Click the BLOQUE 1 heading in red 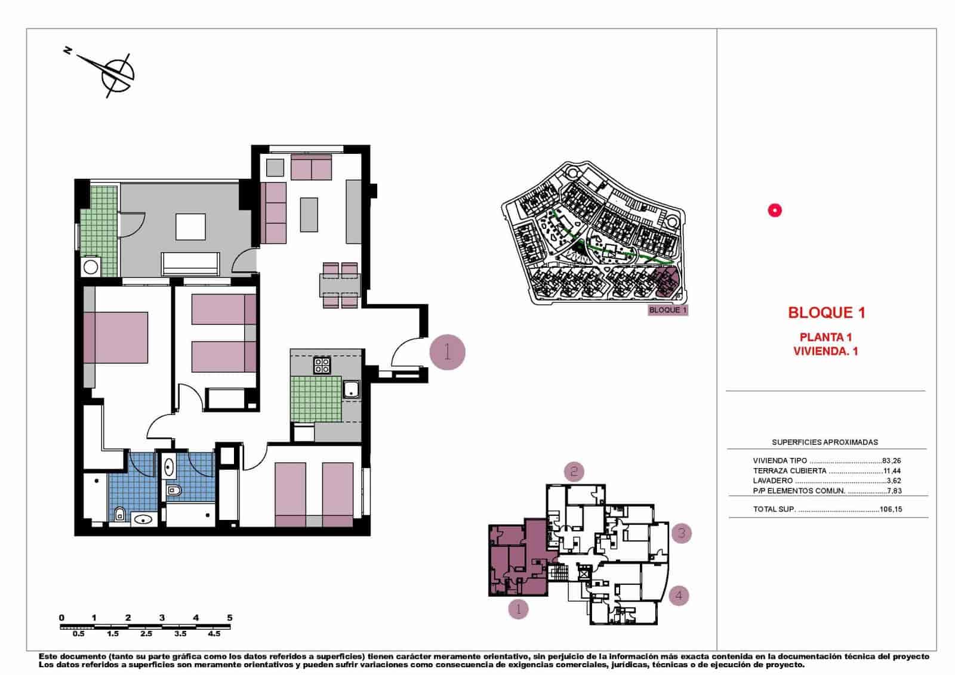tap(826, 312)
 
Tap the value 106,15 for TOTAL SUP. tap(891, 510)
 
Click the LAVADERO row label tap(773, 481)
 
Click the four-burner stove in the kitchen tap(322, 365)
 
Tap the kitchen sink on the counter tap(351, 389)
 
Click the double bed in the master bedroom tap(116, 337)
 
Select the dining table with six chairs tap(340, 286)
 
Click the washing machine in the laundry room tap(91, 267)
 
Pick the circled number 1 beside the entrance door tap(447, 352)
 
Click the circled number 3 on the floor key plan tap(682, 532)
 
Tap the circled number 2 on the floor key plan tap(574, 472)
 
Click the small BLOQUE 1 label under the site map tap(668, 310)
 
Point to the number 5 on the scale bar tap(230, 618)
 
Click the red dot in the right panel tap(774, 210)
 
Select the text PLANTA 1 tap(825, 337)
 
